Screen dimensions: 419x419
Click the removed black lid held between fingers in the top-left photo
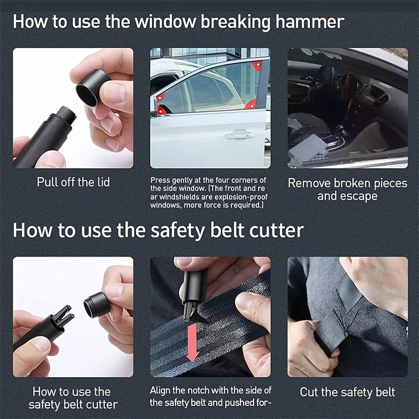(93, 87)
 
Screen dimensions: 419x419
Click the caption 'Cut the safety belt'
(347, 392)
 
